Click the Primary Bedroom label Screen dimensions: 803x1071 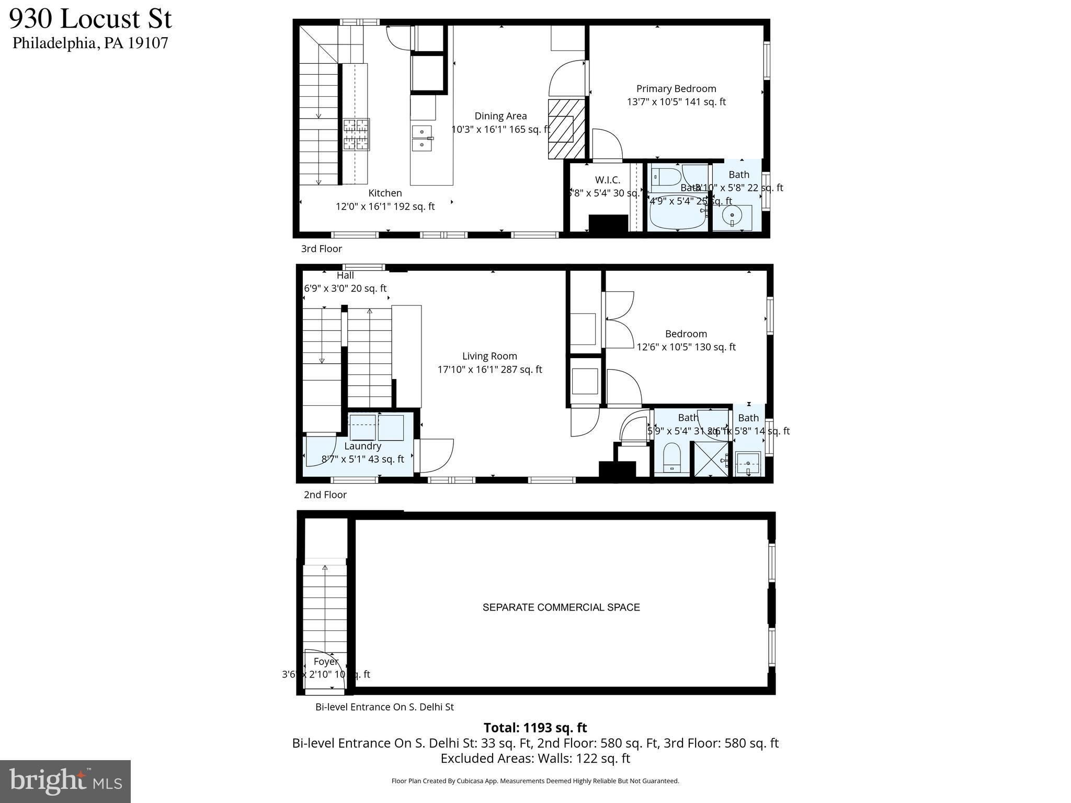pos(676,89)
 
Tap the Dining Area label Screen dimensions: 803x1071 pos(500,116)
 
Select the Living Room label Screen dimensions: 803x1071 pos(489,356)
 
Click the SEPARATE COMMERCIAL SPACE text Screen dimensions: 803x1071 pos(561,607)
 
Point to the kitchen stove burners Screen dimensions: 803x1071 pos(356,135)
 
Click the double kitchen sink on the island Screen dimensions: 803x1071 pos(421,138)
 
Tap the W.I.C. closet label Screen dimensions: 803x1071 pos(607,180)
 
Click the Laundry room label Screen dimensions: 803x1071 pos(362,446)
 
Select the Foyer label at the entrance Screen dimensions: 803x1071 pos(326,661)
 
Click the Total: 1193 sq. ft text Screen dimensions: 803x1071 pos(535,728)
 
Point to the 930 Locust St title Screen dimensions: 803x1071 pos(90,19)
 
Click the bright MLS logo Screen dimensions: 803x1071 pos(65,781)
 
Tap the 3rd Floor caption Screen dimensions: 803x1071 pos(321,249)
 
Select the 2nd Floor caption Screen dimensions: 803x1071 pos(325,495)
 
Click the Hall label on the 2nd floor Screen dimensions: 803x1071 pos(345,276)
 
